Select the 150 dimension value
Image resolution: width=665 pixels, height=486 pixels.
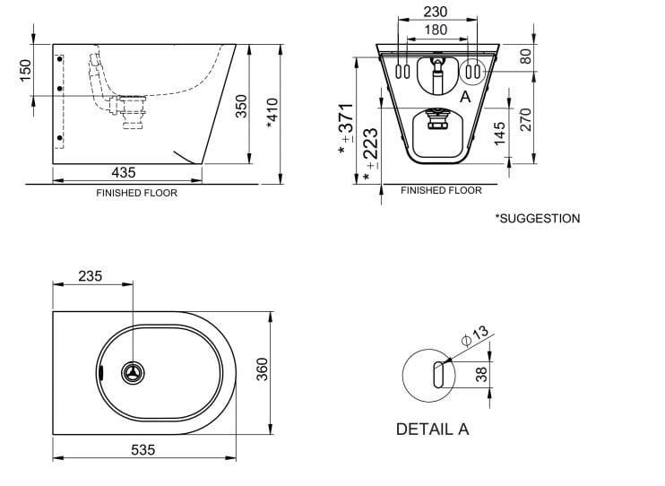point(25,69)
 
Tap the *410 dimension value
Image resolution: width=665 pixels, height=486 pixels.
point(272,112)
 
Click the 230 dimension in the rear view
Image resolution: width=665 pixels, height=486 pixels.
point(436,13)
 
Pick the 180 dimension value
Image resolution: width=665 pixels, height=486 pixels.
point(436,30)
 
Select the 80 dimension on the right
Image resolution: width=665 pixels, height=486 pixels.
point(526,56)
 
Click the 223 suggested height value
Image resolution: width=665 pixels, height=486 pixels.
point(368,149)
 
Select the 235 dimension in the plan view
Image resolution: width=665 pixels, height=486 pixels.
point(90,277)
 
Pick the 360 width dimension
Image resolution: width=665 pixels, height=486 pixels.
point(261,369)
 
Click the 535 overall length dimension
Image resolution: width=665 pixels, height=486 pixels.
point(143,448)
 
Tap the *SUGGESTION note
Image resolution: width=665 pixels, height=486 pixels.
point(537,218)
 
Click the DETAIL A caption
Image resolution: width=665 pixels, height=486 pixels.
point(432,429)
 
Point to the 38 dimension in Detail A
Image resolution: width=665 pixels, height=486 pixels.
point(482,374)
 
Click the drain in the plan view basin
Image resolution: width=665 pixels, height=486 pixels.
point(132,373)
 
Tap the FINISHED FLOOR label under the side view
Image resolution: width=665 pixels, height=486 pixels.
point(136,193)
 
